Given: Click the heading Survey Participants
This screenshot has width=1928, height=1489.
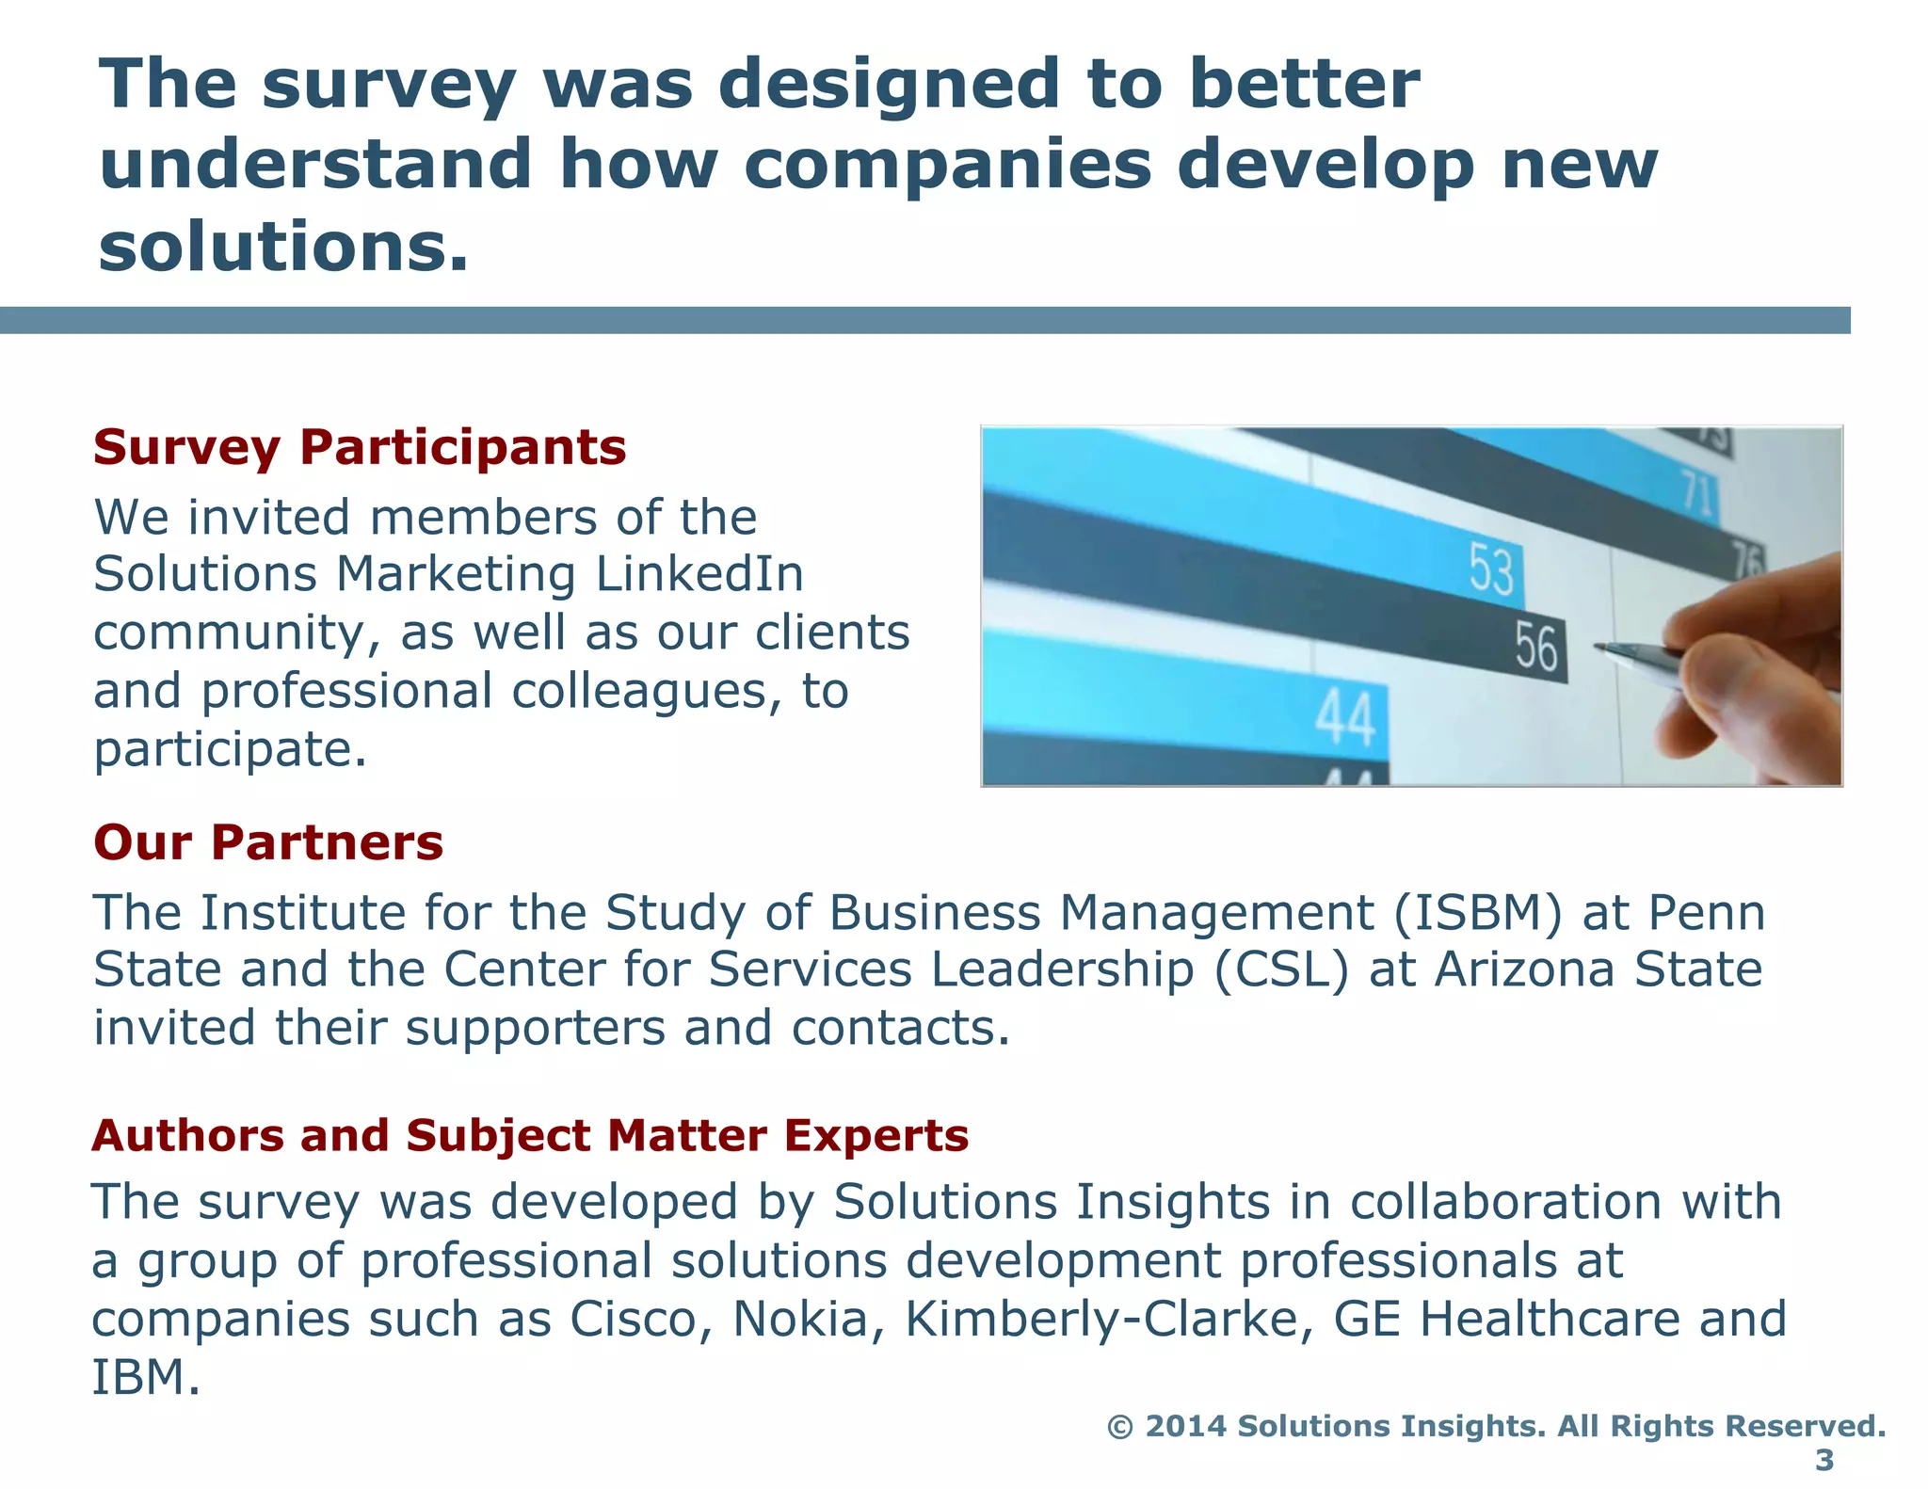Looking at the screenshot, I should point(360,447).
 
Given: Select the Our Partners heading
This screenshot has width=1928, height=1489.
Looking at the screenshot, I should point(268,842).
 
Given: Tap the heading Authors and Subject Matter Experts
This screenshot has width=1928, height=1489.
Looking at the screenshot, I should point(530,1135).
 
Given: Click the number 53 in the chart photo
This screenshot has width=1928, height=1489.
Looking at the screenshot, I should point(1492,569).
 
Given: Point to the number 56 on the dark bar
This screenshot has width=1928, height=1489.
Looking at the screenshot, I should point(1535,648).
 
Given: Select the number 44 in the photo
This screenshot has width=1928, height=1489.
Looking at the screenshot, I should point(1346,719).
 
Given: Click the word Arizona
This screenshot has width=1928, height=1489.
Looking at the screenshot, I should point(1525,969).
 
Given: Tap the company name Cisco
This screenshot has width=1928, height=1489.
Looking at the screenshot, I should point(640,1320).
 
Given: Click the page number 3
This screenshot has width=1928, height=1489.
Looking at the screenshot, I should point(1824,1460).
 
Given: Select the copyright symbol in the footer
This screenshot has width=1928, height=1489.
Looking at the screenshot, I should point(1119,1427).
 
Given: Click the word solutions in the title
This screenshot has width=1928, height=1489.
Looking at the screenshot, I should point(282,247).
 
